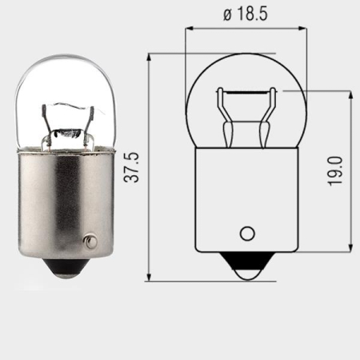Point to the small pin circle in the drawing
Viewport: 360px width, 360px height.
pos(247,234)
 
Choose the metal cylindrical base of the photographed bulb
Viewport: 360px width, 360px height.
pos(64,200)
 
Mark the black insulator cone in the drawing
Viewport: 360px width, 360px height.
pos(246,260)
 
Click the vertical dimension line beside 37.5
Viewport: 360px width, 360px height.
pos(150,168)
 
